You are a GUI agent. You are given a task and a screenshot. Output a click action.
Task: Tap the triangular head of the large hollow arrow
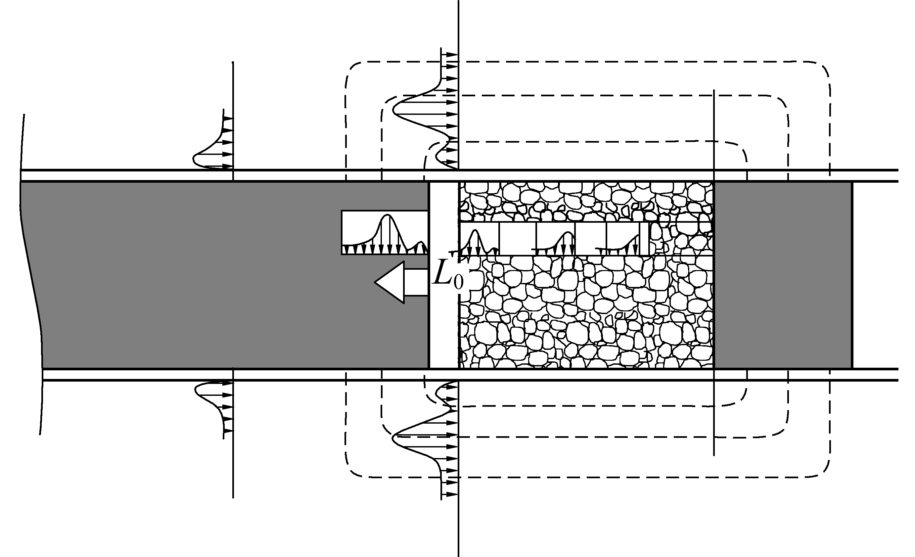pyautogui.click(x=390, y=282)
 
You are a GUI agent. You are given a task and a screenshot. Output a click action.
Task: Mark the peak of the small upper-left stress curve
pyautogui.click(x=194, y=159)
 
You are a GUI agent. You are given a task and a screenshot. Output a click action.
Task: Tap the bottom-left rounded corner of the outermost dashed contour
pyautogui.click(x=353, y=470)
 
